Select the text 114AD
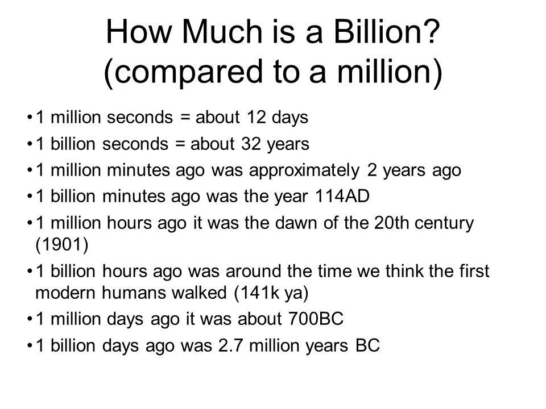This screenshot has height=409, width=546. pos(348,195)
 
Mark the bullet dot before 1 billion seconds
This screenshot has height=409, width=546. pos(30,144)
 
